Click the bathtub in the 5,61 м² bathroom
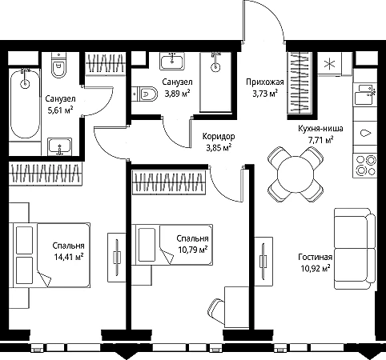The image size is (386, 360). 25,103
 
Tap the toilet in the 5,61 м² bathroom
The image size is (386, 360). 58,66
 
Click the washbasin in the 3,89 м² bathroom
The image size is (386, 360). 172,61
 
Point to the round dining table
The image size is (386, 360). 296,174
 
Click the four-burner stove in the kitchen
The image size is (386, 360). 365,166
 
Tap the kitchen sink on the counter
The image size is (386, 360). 365,94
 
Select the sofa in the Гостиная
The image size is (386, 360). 355,249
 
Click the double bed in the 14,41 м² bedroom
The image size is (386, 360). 50,255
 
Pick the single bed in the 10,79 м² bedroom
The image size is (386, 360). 172,245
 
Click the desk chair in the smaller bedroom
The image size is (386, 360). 216,311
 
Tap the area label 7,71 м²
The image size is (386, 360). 320,139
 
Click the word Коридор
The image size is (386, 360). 219,136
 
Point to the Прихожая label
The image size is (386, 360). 265,82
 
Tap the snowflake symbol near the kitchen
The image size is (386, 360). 329,64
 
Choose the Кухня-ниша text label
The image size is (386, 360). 320,129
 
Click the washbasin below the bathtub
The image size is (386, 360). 60,146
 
